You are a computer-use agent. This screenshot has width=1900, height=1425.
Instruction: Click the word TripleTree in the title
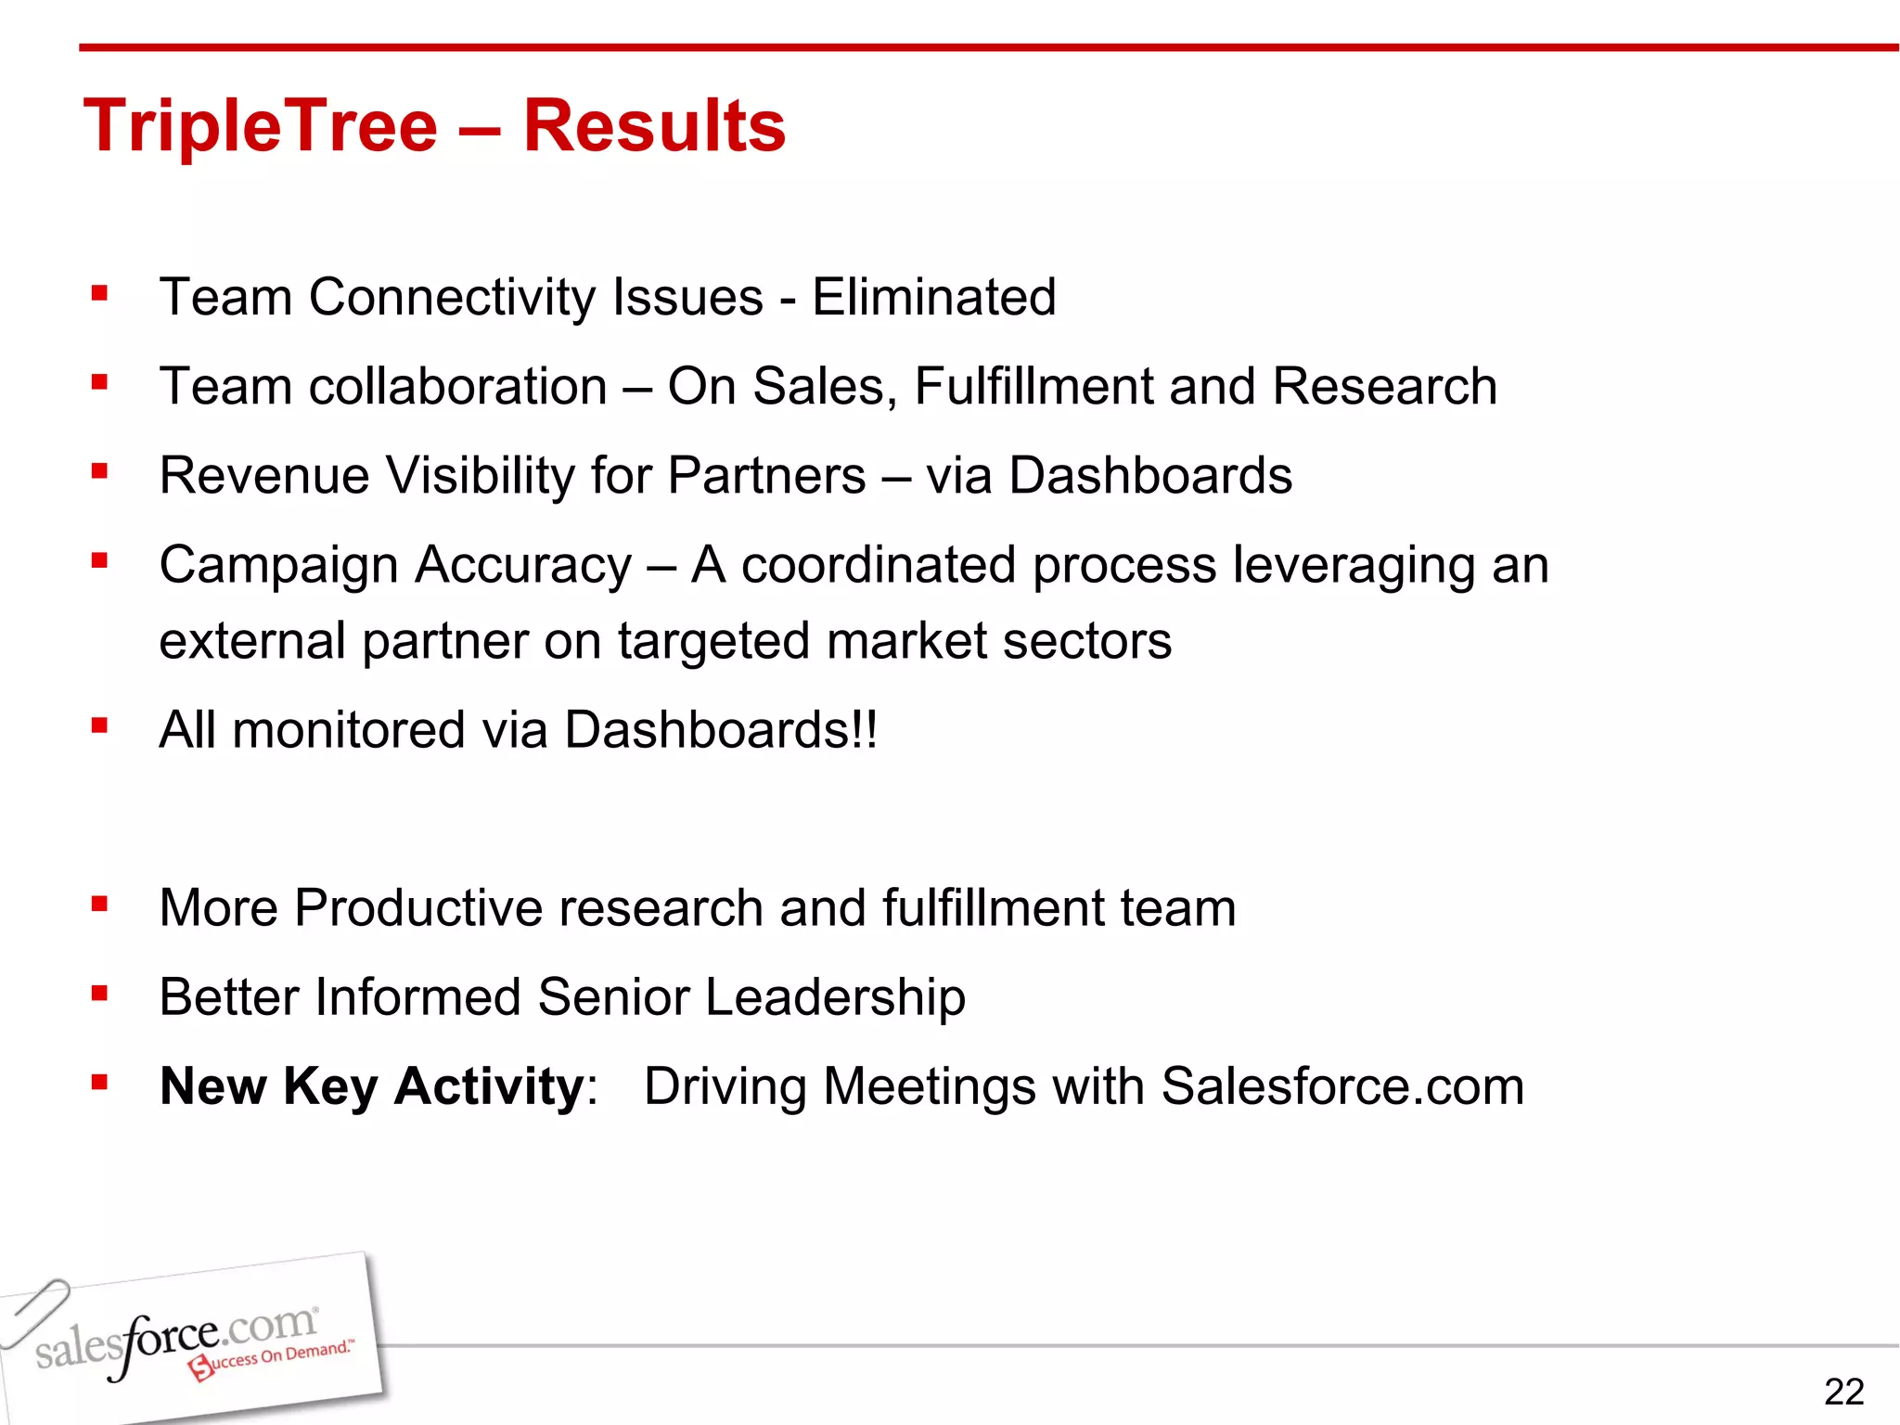pyautogui.click(x=260, y=126)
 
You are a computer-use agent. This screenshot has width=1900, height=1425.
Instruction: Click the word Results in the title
pyautogui.click(x=654, y=126)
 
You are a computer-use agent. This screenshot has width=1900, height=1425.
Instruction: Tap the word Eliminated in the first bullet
pyautogui.click(x=933, y=297)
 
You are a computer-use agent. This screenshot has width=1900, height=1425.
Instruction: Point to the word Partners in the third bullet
pyautogui.click(x=766, y=476)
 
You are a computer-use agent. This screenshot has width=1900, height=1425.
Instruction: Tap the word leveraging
pyautogui.click(x=1345, y=566)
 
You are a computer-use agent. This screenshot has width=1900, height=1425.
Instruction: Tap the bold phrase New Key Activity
pyautogui.click(x=371, y=1086)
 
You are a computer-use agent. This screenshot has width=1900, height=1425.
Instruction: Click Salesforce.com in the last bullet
pyautogui.click(x=1342, y=1086)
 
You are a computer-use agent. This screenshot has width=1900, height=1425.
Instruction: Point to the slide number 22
pyautogui.click(x=1843, y=1392)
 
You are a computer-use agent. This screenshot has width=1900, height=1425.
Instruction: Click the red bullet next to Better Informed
pyautogui.click(x=100, y=994)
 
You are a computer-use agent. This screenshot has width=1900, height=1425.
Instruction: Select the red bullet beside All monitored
pyautogui.click(x=100, y=725)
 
